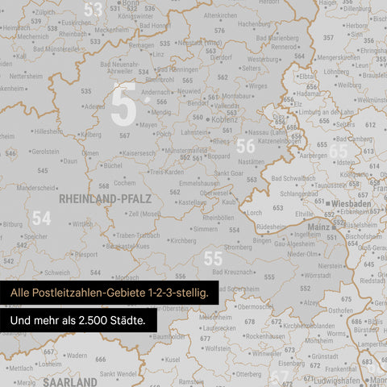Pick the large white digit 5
coord(123,105)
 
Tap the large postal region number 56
coord(245,146)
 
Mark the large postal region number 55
coord(213,258)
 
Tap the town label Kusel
coord(172,359)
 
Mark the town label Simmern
coord(206,229)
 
